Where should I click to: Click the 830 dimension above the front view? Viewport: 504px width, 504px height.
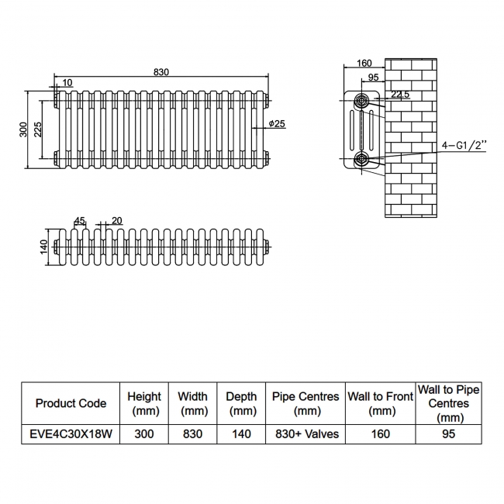161,72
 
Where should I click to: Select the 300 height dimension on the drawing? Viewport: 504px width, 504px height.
23,129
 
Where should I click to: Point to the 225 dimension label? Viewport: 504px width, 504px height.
37,129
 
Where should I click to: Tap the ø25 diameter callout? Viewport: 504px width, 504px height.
278,124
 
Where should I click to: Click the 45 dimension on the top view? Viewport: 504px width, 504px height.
80,220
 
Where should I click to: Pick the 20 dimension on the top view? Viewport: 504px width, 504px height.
116,220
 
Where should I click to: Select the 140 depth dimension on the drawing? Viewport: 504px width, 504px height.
44,247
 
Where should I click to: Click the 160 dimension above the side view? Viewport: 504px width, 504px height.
365,64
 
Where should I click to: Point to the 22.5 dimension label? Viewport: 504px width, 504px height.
400,95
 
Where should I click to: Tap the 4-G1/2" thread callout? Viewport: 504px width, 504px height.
463,145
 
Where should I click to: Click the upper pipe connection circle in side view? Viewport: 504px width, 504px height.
362,101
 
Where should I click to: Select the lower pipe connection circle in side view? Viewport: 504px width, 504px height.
362,160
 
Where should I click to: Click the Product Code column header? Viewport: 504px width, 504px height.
71,403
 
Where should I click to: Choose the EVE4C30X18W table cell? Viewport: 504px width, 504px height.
71,434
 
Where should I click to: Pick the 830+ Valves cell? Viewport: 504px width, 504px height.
306,434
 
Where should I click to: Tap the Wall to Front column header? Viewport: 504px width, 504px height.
380,403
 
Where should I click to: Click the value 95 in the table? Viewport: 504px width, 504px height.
448,434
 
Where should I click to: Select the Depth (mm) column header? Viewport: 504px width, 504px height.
241,403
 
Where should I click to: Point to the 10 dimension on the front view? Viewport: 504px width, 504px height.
68,82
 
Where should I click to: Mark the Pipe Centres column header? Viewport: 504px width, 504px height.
306,403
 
